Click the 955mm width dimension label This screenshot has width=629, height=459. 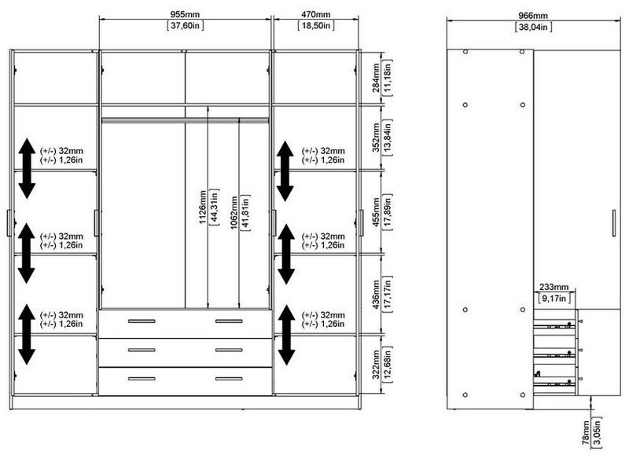point(185,14)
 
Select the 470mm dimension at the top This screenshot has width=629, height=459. point(316,14)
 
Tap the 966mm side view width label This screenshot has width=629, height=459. point(533,16)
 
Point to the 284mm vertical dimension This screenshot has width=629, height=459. point(376,78)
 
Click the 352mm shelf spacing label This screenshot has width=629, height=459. point(376,137)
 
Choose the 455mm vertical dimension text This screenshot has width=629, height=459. point(376,211)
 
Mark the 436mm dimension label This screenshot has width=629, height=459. point(376,294)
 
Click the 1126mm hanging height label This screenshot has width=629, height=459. point(203,207)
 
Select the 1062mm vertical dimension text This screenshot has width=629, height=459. point(234,213)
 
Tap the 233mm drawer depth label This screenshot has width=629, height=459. point(554,287)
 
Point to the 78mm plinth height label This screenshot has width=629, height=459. point(586,432)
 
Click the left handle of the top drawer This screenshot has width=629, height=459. point(142,321)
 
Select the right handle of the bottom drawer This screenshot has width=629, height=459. point(229,379)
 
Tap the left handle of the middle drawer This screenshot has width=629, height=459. point(142,350)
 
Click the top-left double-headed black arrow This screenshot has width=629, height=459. point(27,168)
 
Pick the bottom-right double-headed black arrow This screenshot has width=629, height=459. point(286,335)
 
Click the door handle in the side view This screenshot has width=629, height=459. point(614,223)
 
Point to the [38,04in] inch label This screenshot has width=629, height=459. point(533,28)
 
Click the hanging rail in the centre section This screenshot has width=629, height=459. point(185,120)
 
